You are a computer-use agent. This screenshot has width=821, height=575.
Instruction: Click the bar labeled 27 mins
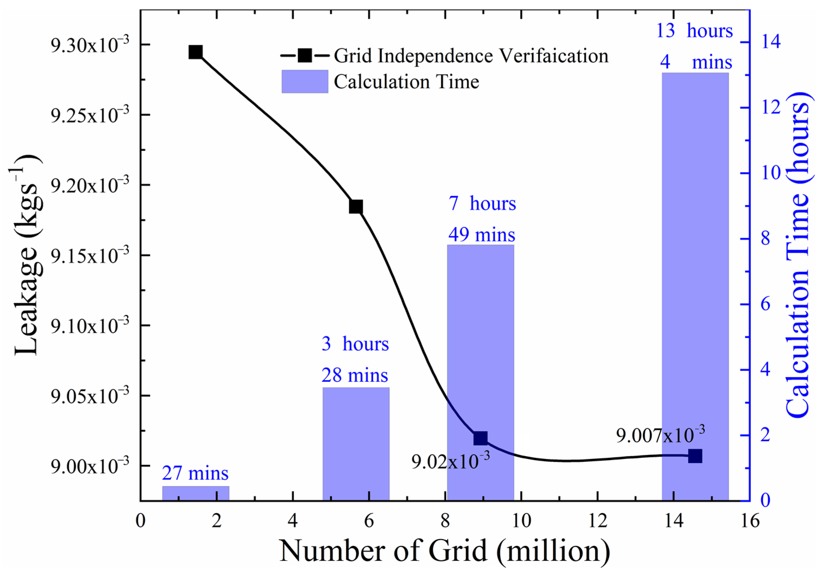pyautogui.click(x=196, y=493)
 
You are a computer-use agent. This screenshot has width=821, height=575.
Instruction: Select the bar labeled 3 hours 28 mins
pyautogui.click(x=356, y=444)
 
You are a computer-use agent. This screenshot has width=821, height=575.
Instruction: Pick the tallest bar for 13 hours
pyautogui.click(x=695, y=286)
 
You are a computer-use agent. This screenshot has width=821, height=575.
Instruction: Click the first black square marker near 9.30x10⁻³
pyautogui.click(x=196, y=53)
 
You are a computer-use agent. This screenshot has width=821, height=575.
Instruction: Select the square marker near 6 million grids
pyautogui.click(x=356, y=207)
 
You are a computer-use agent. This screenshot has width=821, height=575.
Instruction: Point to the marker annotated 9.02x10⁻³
pyautogui.click(x=480, y=438)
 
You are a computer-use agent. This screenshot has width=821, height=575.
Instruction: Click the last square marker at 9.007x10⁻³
pyautogui.click(x=695, y=456)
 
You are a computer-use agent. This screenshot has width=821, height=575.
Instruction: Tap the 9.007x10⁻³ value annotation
pyautogui.click(x=660, y=435)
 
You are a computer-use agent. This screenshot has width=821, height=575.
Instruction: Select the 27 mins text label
pyautogui.click(x=195, y=473)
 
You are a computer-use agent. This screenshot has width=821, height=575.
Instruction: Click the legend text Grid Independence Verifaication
pyautogui.click(x=471, y=56)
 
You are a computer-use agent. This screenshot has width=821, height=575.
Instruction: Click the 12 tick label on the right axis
pyautogui.click(x=771, y=108)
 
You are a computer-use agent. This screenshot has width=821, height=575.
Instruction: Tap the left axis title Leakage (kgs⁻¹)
pyautogui.click(x=27, y=255)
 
